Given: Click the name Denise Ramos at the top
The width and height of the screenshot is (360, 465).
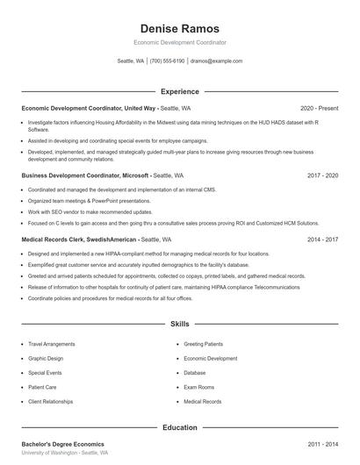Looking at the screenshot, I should [x=179, y=29].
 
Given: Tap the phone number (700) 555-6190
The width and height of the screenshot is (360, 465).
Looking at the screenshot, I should [x=167, y=61].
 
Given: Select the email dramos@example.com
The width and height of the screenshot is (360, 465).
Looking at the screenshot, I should [x=216, y=61].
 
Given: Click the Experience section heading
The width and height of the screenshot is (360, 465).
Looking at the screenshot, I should [x=179, y=91].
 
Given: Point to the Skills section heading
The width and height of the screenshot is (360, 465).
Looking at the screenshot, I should [x=179, y=324].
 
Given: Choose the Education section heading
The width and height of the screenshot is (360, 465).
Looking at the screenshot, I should [x=179, y=427].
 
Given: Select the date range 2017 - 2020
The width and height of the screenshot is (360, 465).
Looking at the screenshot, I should [x=322, y=175].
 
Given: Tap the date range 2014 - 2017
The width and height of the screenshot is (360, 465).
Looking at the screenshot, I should [x=322, y=239].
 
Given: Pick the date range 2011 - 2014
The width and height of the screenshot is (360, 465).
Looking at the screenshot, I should [x=322, y=445].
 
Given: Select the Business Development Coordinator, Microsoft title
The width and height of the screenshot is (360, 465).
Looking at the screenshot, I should [x=85, y=175].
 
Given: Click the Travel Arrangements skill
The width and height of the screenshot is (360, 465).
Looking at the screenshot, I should [x=52, y=344].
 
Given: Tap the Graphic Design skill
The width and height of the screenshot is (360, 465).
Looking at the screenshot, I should [x=46, y=358].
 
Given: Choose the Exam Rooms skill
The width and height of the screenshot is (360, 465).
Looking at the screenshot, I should [x=199, y=387].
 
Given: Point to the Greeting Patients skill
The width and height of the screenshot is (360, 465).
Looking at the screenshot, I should [x=204, y=344].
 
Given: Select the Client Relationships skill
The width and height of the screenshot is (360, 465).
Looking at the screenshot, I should [x=51, y=401].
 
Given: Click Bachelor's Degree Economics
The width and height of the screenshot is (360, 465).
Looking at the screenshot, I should [x=62, y=445].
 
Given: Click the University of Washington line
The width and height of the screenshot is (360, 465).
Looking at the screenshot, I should [x=65, y=454].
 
